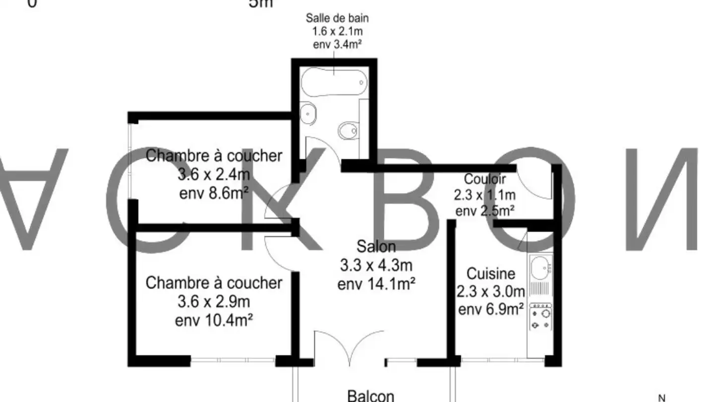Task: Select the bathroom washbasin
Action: pos(308,113)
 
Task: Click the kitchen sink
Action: pos(539,268)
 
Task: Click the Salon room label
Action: pos(376,246)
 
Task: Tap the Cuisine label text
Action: pos(491,273)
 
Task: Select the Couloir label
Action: pos(485,179)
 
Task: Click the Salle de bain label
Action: pos(337,19)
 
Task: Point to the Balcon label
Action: pos(371,396)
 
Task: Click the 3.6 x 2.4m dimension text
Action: pos(214,175)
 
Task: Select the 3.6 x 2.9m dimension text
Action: pos(214,302)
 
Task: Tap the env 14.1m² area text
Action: pos(376,284)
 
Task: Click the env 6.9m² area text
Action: pos(491,310)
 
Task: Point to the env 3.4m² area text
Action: pos(337,44)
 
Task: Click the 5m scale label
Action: pos(261,4)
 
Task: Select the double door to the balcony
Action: pos(350,347)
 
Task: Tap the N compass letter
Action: pos(661,398)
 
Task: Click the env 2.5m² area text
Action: pos(485,211)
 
